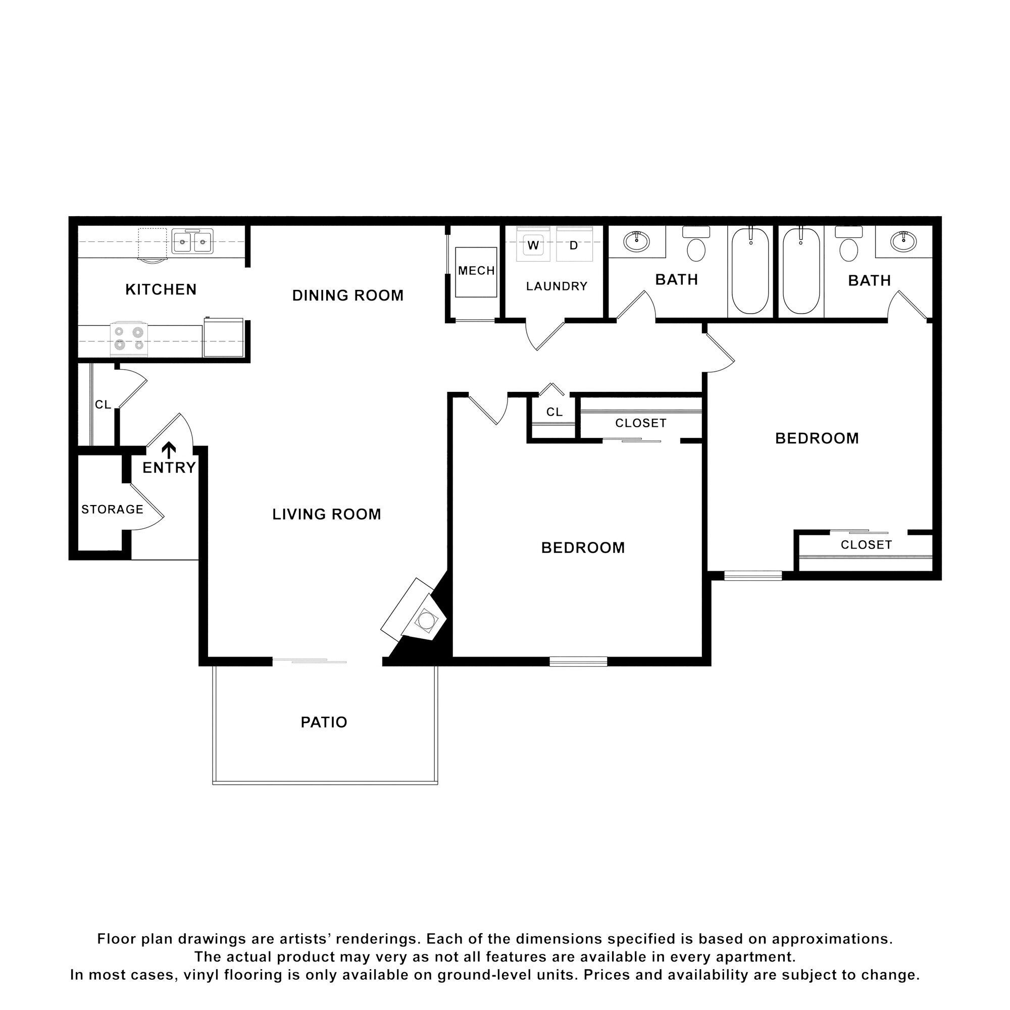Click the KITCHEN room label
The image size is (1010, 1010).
161,289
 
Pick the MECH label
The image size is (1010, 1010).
476,271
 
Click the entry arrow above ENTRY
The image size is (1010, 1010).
168,449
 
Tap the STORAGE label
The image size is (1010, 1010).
112,509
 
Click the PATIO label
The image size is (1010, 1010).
324,722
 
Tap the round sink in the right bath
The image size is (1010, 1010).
903,241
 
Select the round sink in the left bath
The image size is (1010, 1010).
636,241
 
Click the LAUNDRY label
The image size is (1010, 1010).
556,286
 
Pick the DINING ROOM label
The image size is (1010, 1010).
347,295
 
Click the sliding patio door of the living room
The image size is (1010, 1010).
310,662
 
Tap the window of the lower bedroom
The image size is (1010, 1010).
578,662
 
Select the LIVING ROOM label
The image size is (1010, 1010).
326,514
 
